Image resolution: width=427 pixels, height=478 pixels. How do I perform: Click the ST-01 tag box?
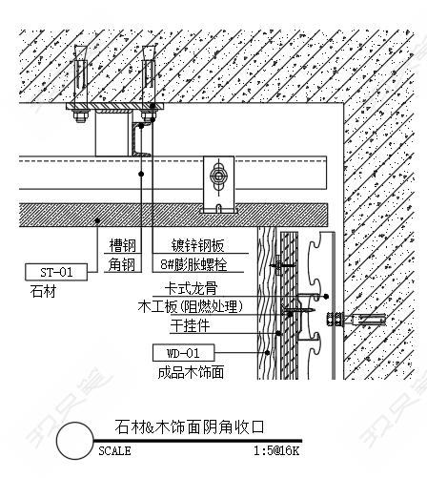56,272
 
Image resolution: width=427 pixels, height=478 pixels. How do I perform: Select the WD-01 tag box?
183,353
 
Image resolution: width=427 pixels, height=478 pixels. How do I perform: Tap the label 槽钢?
123,245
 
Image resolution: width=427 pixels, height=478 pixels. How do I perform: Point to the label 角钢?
121,264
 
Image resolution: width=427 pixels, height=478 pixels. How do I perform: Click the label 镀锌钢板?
197,245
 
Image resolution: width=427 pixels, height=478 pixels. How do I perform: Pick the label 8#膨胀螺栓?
193,264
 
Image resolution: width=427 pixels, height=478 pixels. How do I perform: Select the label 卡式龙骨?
191,289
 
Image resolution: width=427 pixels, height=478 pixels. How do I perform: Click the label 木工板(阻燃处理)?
191,306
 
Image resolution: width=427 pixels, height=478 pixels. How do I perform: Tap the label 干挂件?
190,325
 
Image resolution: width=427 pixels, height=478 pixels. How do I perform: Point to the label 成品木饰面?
191,372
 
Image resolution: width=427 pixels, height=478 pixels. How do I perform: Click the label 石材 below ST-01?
43,291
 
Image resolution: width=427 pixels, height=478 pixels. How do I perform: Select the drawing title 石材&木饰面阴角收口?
190,426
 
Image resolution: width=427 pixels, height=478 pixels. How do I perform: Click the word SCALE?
114,451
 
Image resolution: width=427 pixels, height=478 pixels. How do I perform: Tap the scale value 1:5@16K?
276,451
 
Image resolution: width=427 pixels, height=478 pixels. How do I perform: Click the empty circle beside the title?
75,441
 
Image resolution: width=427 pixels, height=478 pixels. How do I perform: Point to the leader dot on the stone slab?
98,220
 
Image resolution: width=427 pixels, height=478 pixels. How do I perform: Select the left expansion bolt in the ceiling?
80,83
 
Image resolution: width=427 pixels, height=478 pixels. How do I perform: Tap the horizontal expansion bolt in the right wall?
356,319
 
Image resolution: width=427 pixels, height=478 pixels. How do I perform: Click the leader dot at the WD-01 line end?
268,352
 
